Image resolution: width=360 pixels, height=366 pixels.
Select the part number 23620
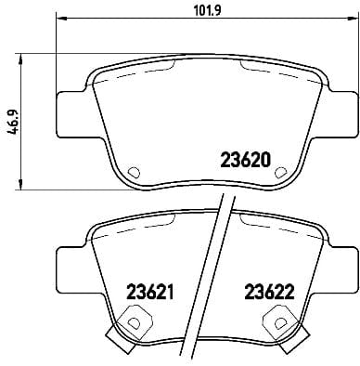coord(244,159)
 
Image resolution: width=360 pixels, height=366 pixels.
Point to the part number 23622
coord(268,291)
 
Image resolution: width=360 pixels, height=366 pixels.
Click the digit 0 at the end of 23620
coord(265,159)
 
